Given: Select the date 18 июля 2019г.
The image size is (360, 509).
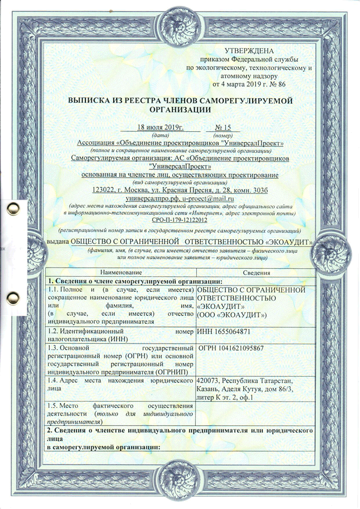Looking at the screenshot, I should pyautogui.click(x=160, y=127).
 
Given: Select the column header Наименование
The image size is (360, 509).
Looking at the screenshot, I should pyautogui.click(x=121, y=273).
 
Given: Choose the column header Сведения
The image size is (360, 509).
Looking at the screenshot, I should pyautogui.click(x=255, y=273).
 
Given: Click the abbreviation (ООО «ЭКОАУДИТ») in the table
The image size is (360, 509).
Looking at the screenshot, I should pyautogui.click(x=232, y=315).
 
